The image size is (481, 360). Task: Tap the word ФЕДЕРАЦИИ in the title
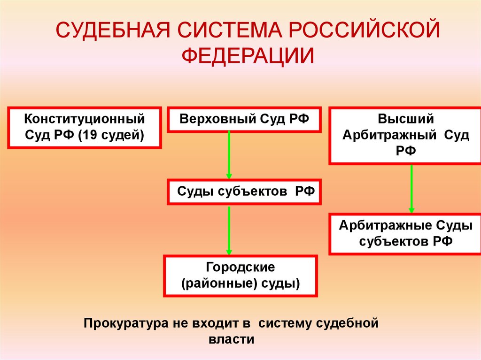(x=248, y=55)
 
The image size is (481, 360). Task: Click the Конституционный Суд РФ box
(x=85, y=127)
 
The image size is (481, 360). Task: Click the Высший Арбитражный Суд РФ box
(x=405, y=135)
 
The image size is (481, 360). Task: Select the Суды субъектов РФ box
(x=244, y=191)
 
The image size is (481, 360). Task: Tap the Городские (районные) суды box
(x=240, y=276)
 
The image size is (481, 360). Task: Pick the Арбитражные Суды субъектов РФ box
(x=405, y=234)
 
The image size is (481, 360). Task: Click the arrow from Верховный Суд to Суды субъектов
(x=229, y=155)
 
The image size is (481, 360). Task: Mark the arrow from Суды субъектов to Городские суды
(x=229, y=230)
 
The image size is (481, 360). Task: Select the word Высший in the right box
(x=405, y=119)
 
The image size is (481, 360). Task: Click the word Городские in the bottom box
(x=240, y=268)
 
